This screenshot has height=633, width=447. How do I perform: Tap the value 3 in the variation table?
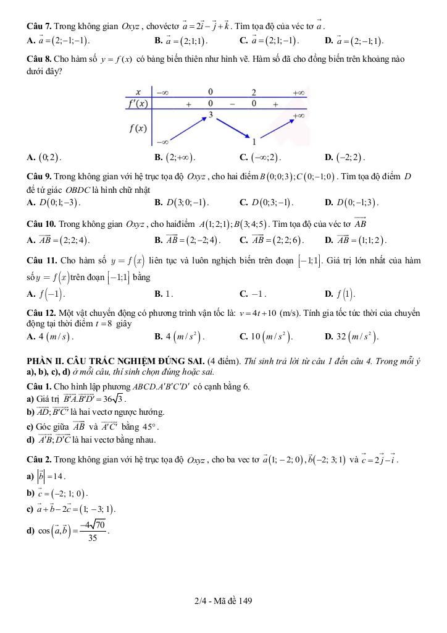click(x=211, y=115)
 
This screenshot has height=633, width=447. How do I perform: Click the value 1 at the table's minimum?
click(x=254, y=142)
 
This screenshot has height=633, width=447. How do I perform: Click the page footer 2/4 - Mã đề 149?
click(x=223, y=600)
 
